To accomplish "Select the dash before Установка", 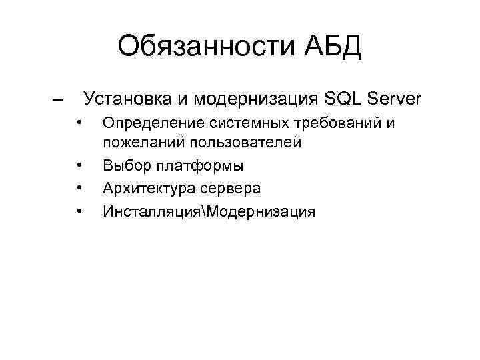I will tap(58, 100).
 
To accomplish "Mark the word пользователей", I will tap(245, 142).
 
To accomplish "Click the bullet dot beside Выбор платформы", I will tap(79, 164).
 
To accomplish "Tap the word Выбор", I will tap(124, 165).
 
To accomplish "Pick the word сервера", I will tap(231, 189).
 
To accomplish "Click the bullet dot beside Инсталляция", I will tap(79, 211).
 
